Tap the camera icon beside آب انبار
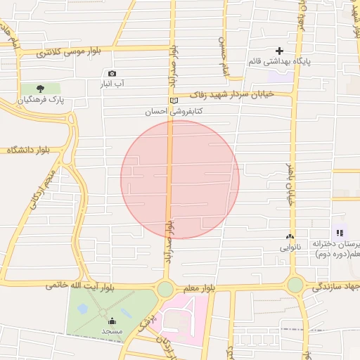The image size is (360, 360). click(112, 74)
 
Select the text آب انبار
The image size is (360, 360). click(112, 84)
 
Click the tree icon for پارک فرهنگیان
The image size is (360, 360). click(39, 89)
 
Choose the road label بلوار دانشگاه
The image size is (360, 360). click(31, 150)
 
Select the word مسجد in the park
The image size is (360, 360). click(112, 330)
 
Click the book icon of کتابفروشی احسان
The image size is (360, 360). click(174, 101)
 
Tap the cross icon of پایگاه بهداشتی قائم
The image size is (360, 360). click(280, 51)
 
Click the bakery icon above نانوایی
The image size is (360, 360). click(290, 237)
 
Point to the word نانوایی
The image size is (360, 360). click(290, 247)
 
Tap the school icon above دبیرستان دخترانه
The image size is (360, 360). click(340, 233)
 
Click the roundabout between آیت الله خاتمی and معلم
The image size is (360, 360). click(165, 288)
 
